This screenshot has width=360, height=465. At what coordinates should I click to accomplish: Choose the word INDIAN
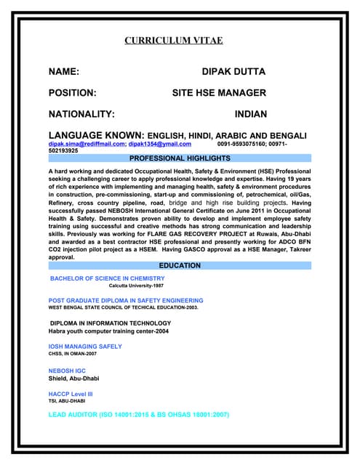[x=250, y=114]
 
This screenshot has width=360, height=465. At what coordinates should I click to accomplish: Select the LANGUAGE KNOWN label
[x=95, y=136]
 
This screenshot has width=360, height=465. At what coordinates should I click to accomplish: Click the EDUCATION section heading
[x=180, y=266]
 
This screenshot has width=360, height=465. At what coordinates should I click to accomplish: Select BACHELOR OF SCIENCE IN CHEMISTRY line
[x=107, y=278]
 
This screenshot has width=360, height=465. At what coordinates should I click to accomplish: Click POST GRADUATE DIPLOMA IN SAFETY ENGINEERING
[x=126, y=300]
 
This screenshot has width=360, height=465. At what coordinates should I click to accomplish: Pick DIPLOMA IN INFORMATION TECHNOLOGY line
[x=111, y=323]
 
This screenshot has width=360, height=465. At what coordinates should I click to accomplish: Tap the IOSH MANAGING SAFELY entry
[x=85, y=347]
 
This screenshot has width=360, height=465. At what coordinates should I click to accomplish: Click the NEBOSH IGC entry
[x=70, y=371]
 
